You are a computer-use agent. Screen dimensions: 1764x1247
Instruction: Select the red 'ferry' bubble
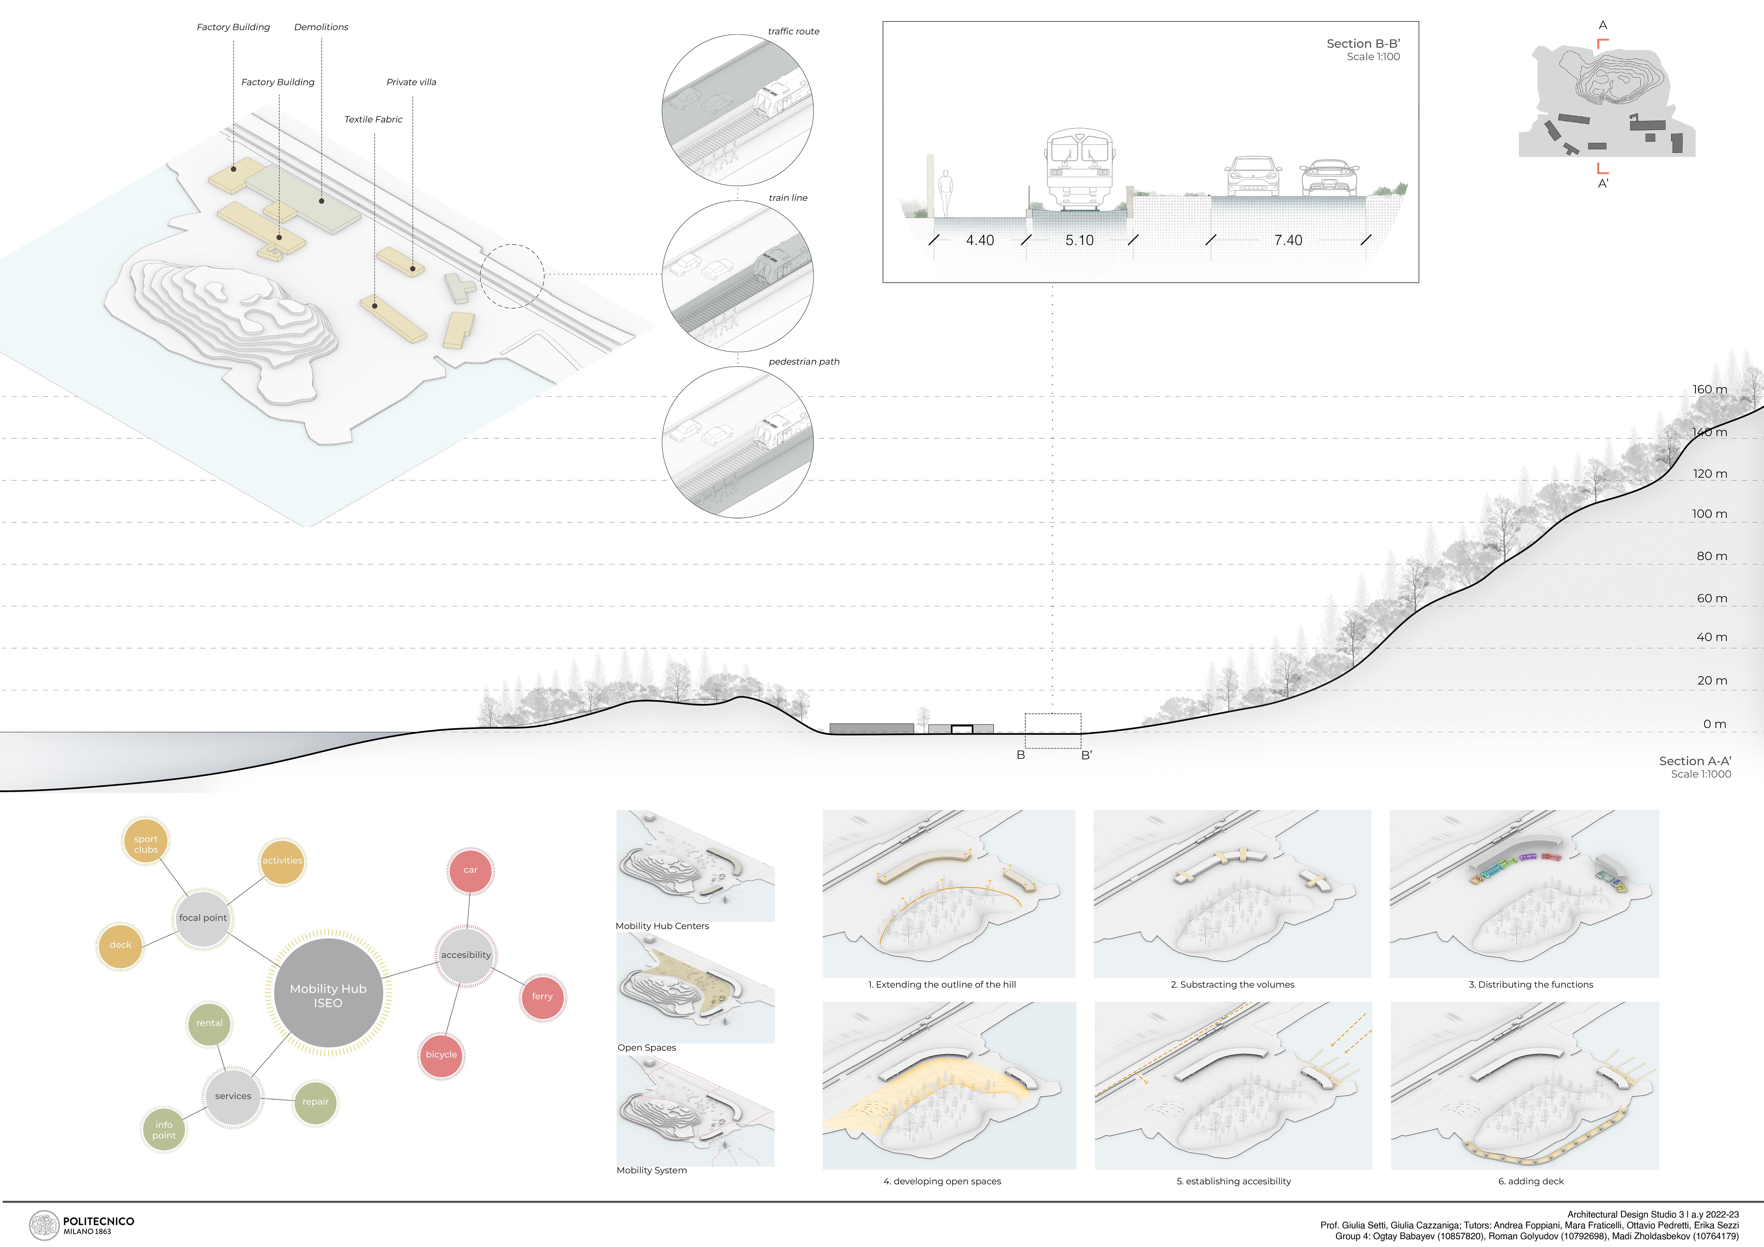542,997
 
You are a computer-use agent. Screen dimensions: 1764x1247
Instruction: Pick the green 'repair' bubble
315,1102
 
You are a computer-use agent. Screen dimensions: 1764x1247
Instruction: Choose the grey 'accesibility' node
466,955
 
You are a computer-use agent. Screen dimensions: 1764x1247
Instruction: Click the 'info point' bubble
164,1129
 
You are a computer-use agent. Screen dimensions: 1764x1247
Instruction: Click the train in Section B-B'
1079,169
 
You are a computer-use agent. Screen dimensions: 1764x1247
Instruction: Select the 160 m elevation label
1709,390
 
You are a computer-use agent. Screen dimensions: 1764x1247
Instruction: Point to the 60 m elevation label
1711,598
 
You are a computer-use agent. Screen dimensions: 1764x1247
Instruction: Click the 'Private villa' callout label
411,82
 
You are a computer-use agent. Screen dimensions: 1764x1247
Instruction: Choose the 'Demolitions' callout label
321,27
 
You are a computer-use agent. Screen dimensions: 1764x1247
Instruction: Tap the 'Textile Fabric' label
373,119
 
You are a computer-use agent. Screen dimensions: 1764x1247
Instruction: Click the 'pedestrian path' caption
804,362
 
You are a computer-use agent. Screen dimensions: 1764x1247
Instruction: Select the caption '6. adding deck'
1530,1181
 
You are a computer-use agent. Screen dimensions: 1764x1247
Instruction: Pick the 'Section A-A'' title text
1695,761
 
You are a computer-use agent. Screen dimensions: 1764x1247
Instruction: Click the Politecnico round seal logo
44,1225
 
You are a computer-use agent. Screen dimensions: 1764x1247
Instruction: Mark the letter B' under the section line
1086,755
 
